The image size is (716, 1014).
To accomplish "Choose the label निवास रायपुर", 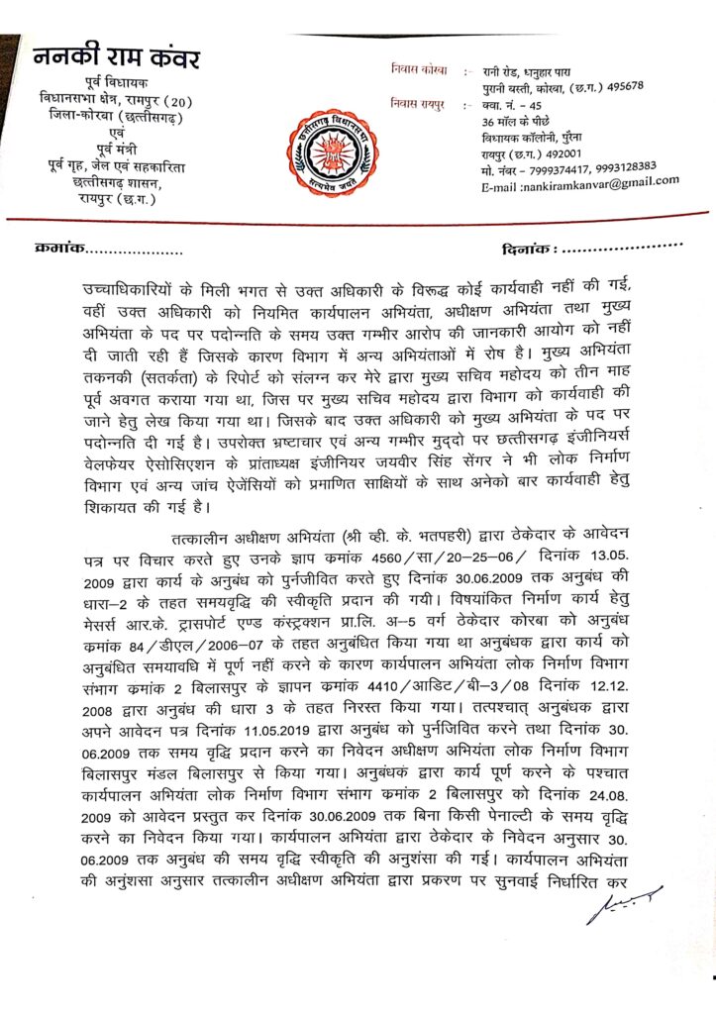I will click(419, 102).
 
